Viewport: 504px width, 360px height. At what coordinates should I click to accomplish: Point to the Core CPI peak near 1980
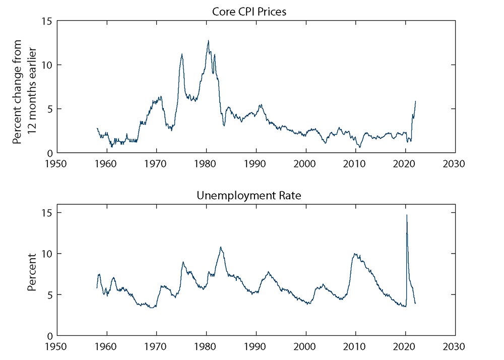tap(208, 40)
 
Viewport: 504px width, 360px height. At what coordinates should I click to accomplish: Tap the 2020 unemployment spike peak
tap(407, 215)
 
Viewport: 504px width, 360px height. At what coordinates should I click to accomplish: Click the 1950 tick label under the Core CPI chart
tap(56, 164)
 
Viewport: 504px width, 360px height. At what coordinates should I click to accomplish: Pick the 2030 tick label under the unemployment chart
tap(456, 347)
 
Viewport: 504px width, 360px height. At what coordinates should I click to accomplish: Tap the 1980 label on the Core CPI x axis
tap(206, 164)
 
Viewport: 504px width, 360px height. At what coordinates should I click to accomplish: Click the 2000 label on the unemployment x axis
tap(306, 347)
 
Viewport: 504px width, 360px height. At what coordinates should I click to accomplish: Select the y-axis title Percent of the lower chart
tap(32, 274)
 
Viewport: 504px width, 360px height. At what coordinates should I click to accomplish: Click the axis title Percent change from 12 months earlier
tap(25, 87)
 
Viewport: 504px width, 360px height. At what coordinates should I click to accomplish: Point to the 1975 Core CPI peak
tap(182, 54)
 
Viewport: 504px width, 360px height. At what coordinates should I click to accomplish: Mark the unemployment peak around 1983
tap(221, 247)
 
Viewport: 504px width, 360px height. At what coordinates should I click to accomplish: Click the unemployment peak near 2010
tap(355, 254)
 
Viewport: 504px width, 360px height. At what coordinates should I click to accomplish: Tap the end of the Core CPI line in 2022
tap(416, 101)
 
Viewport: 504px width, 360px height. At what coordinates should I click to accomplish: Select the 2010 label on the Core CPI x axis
tap(356, 164)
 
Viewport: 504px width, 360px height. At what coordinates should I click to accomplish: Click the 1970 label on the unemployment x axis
tap(156, 347)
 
